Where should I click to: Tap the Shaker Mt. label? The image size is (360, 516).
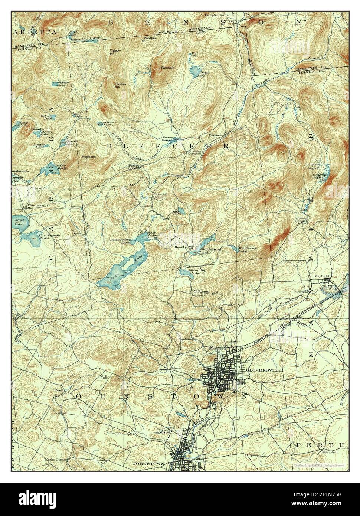point(120,85)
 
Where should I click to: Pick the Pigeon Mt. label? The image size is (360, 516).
point(115,52)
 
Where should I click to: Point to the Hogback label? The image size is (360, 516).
point(89,157)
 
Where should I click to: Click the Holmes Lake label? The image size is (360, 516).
point(107,124)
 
